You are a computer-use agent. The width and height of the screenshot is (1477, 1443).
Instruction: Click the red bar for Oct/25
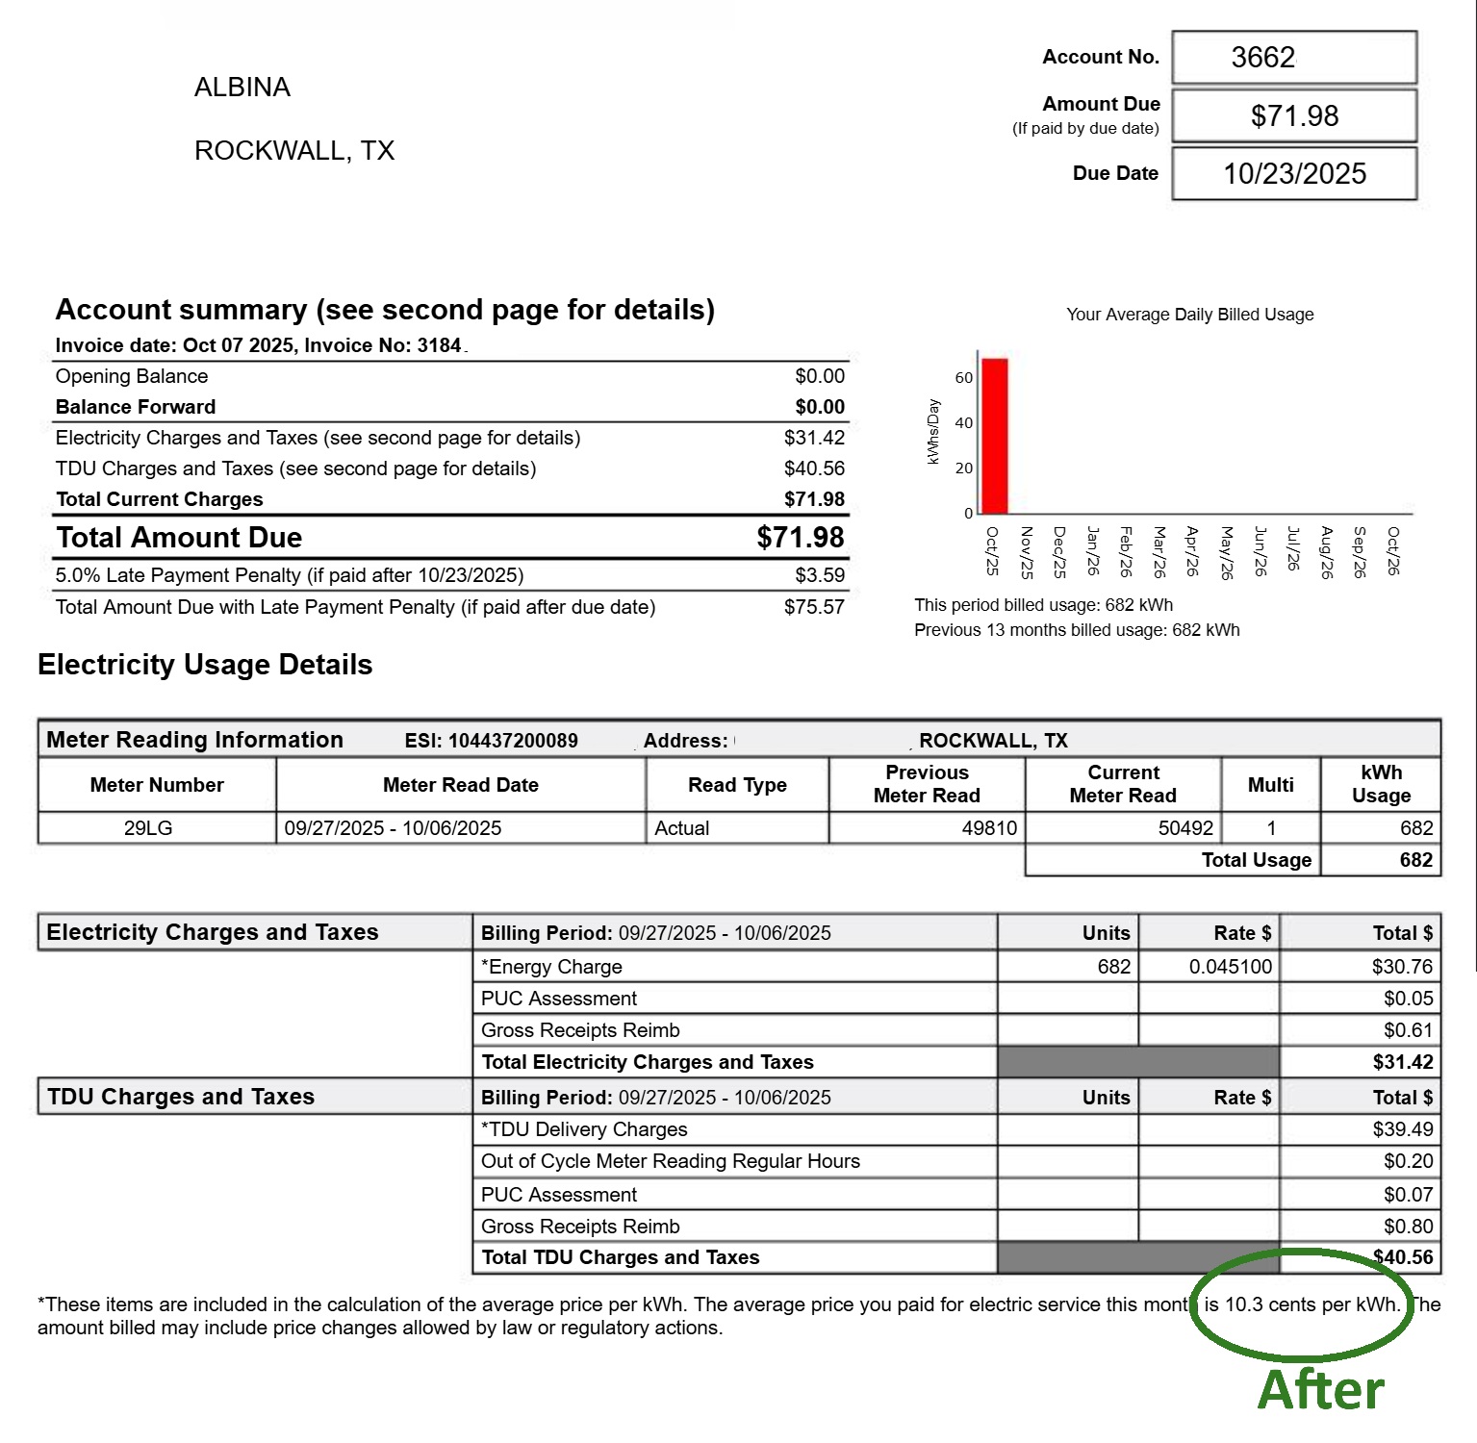[994, 436]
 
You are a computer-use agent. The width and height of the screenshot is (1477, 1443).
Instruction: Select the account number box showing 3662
[1293, 58]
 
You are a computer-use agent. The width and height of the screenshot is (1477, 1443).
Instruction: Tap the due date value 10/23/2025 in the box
[1294, 174]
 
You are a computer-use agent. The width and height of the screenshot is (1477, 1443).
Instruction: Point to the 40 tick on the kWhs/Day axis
[963, 423]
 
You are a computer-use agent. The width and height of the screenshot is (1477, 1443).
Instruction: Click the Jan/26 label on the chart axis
[1092, 551]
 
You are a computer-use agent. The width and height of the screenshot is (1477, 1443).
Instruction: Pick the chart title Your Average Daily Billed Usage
[1189, 315]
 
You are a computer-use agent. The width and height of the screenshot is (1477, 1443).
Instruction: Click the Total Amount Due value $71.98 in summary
[800, 538]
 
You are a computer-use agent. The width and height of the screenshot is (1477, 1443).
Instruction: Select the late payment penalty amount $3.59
[820, 576]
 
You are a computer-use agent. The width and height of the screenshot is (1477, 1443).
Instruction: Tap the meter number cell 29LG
[148, 828]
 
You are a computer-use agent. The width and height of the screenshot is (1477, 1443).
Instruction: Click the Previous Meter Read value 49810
[989, 828]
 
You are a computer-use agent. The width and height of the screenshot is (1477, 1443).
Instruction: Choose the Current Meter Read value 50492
[1185, 828]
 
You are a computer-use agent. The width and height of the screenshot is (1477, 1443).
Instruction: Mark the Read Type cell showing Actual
[682, 828]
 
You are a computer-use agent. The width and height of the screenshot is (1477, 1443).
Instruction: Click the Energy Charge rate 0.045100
[1230, 967]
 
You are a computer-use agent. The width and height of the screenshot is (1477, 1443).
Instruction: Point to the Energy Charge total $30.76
[1402, 967]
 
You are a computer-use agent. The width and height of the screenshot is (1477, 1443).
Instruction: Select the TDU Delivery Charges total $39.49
[1402, 1129]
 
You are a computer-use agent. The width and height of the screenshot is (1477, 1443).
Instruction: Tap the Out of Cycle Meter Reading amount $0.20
[1408, 1162]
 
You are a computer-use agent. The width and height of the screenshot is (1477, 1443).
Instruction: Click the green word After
[1320, 1391]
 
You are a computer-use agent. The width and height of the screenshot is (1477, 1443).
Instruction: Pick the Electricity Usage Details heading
[205, 666]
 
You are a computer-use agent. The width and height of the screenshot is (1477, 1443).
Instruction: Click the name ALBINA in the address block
[242, 88]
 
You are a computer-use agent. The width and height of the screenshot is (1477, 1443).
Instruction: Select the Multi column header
[1270, 785]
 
